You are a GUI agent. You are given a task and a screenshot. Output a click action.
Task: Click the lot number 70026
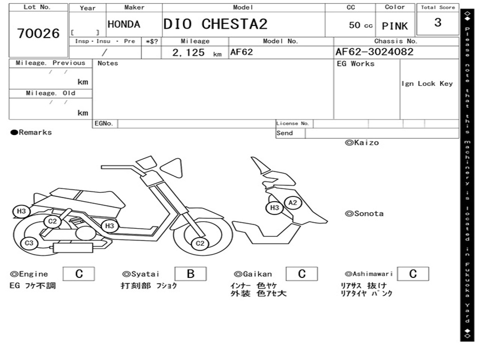pyautogui.click(x=38, y=34)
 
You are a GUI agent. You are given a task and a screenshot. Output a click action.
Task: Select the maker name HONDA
pyautogui.click(x=124, y=24)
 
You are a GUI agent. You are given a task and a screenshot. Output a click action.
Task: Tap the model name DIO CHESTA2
pyautogui.click(x=216, y=24)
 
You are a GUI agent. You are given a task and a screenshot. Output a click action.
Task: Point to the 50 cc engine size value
pyautogui.click(x=360, y=25)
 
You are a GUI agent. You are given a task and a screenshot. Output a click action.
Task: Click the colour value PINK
pyautogui.click(x=395, y=26)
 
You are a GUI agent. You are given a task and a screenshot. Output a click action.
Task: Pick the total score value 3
pyautogui.click(x=437, y=23)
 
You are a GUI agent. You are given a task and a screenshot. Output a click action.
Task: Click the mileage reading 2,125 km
pyautogui.click(x=196, y=52)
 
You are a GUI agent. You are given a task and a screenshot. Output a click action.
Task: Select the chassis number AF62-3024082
pyautogui.click(x=374, y=52)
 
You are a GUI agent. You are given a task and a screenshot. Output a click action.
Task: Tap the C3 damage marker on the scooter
pyautogui.click(x=29, y=243)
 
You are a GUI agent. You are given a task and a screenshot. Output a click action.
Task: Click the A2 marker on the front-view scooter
pyautogui.click(x=293, y=202)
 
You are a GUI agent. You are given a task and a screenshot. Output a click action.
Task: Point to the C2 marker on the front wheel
pyautogui.click(x=200, y=243)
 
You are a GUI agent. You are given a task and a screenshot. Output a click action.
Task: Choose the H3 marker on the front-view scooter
pyautogui.click(x=275, y=208)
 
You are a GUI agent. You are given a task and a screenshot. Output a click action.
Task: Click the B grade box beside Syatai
pyautogui.click(x=190, y=274)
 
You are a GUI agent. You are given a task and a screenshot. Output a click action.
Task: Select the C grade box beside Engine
pyautogui.click(x=79, y=274)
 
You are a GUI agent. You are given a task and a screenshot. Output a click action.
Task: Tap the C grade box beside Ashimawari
pyautogui.click(x=412, y=274)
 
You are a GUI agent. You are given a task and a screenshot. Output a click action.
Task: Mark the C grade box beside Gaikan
pyautogui.click(x=301, y=274)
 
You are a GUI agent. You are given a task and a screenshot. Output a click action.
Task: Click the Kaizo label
pyautogui.click(x=362, y=142)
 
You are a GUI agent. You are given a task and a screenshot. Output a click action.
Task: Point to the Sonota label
pyautogui.click(x=364, y=214)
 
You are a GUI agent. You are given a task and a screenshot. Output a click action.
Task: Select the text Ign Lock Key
pyautogui.click(x=427, y=84)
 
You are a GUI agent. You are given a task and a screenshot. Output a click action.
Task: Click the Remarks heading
pyautogui.click(x=31, y=133)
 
